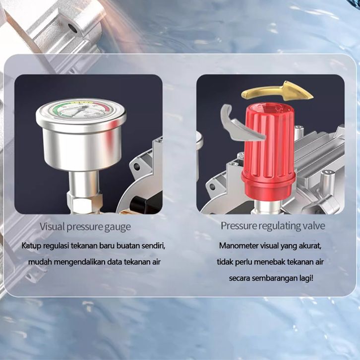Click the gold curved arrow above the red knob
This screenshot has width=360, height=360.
click(x=276, y=92)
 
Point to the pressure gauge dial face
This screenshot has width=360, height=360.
click(x=80, y=109)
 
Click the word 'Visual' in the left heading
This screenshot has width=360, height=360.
click(x=52, y=227)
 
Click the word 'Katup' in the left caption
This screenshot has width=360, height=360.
click(x=31, y=246)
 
